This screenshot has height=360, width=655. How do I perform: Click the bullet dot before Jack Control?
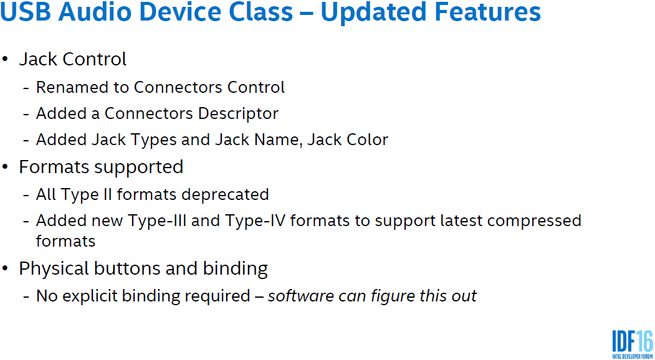(x=5, y=59)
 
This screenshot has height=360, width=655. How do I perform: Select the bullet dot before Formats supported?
(x=5, y=167)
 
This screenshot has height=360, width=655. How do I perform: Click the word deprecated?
(x=221, y=195)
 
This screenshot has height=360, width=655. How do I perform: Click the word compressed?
(x=530, y=221)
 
